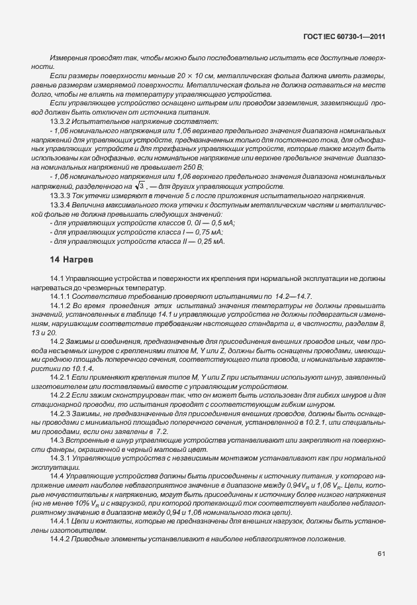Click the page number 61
point(381,553)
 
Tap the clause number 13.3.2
point(61,123)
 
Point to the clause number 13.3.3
point(61,197)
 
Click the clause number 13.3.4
point(61,207)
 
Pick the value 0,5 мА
point(221,224)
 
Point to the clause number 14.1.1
point(61,296)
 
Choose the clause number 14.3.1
point(61,458)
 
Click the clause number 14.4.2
point(61,539)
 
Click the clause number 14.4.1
point(61,522)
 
